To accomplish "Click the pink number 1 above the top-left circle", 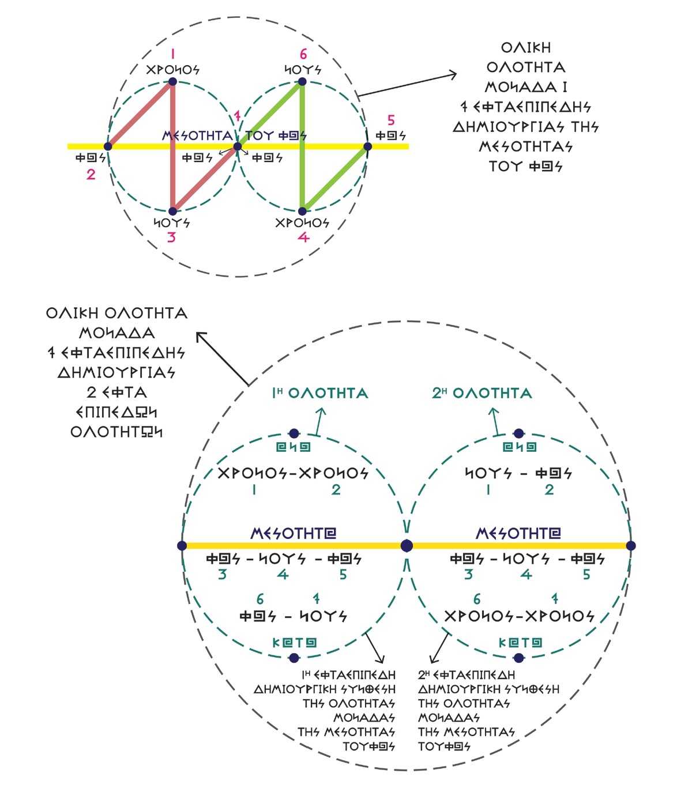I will click(x=172, y=55).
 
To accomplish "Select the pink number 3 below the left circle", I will click(x=171, y=237).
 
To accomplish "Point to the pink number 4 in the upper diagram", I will click(x=303, y=237).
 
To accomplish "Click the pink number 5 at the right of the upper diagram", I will click(x=391, y=120).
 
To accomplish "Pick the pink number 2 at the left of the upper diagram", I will click(x=91, y=174).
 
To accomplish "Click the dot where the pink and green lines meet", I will click(x=237, y=147).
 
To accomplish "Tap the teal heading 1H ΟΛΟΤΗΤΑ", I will click(x=320, y=394).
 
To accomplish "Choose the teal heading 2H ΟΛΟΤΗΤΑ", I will click(x=482, y=394).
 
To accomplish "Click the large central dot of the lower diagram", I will click(x=407, y=545).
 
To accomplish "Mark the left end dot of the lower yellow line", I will click(x=182, y=545).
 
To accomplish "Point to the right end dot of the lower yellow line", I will click(x=631, y=545).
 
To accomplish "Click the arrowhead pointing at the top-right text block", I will click(x=453, y=74).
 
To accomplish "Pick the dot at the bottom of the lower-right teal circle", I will click(x=518, y=658).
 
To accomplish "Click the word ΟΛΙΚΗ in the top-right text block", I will click(x=525, y=48).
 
